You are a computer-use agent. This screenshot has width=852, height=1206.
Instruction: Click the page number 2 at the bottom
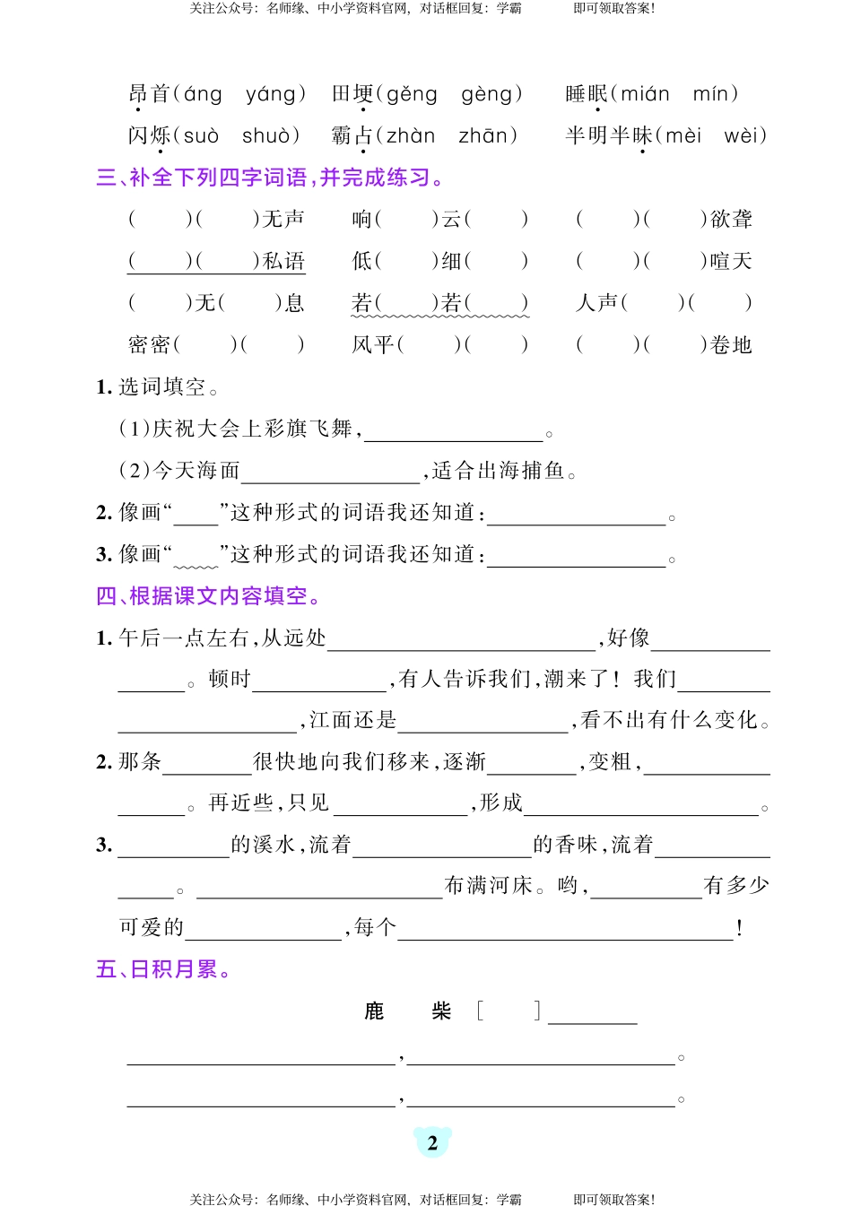432,1142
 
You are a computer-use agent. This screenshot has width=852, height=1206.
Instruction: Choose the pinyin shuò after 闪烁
265,136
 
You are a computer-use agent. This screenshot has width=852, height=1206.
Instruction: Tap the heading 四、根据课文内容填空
208,596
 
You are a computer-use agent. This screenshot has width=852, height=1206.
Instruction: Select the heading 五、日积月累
163,969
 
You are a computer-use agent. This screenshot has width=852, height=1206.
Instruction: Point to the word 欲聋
731,219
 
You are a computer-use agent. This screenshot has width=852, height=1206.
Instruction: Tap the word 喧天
731,261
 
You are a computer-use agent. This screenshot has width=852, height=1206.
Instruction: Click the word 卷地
731,345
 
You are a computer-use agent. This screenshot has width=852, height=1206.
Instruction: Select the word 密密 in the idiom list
150,345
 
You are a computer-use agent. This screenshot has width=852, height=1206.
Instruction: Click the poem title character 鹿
375,1011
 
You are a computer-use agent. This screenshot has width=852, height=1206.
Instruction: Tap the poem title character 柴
441,1011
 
